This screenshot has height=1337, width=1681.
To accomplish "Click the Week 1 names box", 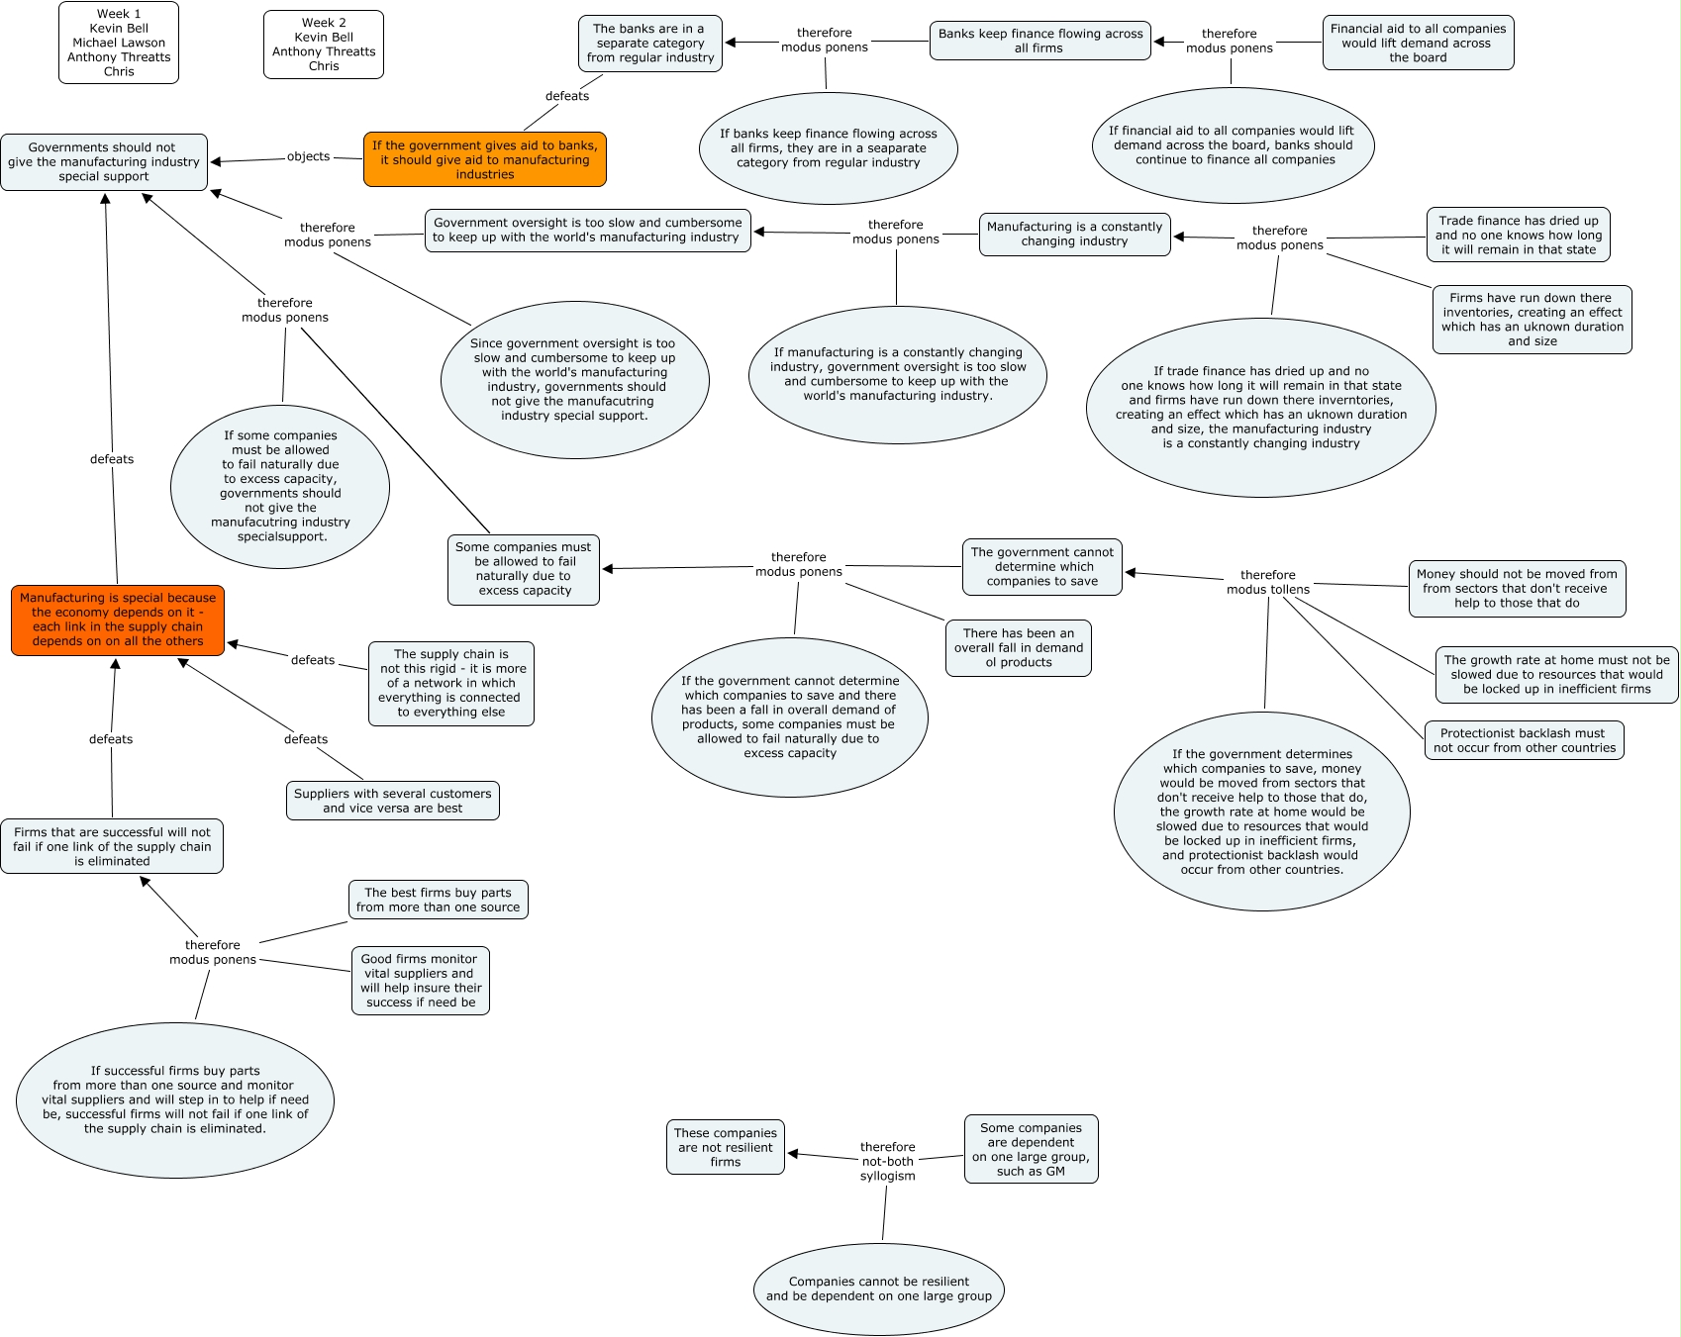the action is [x=119, y=43].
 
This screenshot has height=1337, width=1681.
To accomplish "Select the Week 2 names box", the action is [x=324, y=45].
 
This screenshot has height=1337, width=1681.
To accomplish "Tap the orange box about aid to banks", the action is [x=485, y=159].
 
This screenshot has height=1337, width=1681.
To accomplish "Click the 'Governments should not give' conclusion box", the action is [x=104, y=162].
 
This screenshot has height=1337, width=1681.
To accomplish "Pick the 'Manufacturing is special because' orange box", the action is [x=118, y=620].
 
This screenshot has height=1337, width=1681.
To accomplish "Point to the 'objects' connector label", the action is [x=308, y=156].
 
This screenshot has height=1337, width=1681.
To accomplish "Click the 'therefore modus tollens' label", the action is [x=1267, y=582].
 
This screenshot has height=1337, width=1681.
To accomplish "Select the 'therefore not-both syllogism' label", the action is [x=887, y=1161].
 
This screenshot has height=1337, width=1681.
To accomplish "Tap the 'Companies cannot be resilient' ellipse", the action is [x=879, y=1289].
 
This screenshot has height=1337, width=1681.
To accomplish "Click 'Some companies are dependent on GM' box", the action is [x=1031, y=1149].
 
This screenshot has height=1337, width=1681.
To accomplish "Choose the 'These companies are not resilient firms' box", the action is [x=726, y=1147].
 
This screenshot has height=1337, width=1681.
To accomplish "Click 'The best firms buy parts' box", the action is [x=438, y=900].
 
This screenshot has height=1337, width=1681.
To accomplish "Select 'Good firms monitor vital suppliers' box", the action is [x=421, y=981].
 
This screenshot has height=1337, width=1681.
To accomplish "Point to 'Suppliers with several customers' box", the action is [x=393, y=801].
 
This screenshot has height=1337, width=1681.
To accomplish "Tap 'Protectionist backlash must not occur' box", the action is [x=1524, y=740].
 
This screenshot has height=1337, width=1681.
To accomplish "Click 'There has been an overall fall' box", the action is [x=1018, y=648].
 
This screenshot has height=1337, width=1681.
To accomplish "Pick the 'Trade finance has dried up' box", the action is [x=1519, y=235].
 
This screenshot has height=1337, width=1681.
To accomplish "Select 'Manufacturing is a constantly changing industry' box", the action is [x=1074, y=235].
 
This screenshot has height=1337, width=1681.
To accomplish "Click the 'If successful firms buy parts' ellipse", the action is [x=175, y=1099].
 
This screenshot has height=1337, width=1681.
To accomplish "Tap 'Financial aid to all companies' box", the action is [x=1418, y=44].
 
